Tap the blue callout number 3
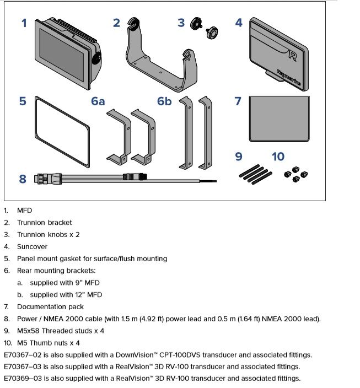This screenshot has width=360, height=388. (x=181, y=23)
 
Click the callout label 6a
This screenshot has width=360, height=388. (x=98, y=101)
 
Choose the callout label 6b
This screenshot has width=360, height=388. (x=164, y=101)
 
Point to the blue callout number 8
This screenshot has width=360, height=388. (x=22, y=179)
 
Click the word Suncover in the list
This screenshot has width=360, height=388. (x=32, y=247)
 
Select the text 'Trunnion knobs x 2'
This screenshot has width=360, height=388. (x=48, y=235)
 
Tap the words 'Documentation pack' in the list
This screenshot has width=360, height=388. (x=46, y=307)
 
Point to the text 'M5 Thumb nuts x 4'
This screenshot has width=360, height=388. (x=48, y=343)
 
